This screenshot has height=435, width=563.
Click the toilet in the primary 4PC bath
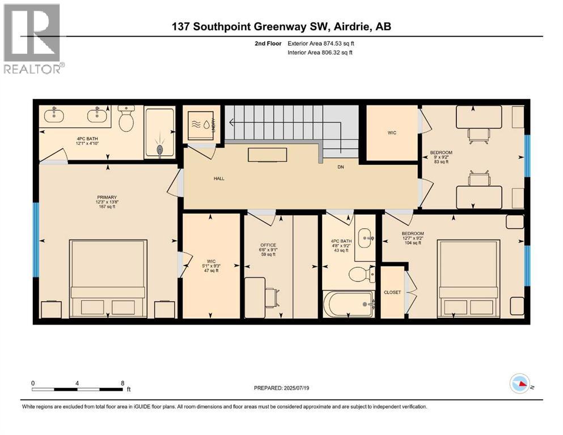126,120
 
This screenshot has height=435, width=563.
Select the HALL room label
219,178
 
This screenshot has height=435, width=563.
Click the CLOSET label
392,292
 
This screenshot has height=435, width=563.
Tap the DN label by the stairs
341,167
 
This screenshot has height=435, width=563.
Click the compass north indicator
521,385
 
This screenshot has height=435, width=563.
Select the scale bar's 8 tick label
122,383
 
